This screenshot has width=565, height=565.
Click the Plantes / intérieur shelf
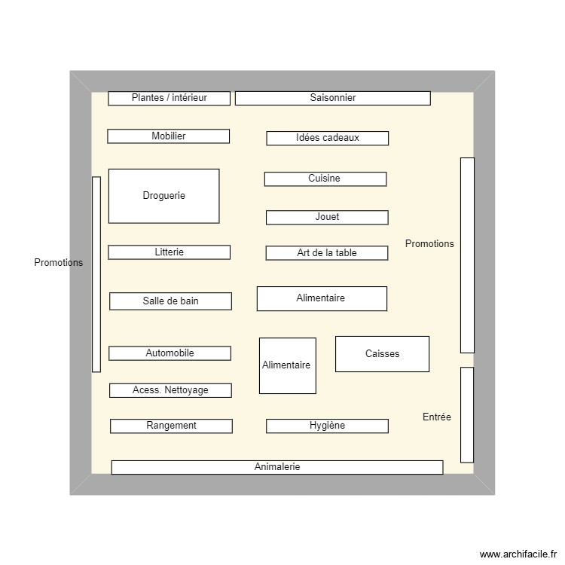169,98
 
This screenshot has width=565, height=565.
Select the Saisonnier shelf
332,98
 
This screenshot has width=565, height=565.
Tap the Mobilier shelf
168,136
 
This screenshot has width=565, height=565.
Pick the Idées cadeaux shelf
327,138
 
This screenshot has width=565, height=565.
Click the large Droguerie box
163,196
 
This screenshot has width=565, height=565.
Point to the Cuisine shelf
325,179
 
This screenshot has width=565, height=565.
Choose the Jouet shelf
327,217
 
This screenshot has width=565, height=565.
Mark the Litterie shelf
169,252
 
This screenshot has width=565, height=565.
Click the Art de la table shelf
326,253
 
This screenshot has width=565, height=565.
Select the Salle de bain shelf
170,301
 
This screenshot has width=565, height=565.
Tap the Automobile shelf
169,353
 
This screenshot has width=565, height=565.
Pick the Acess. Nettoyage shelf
170,390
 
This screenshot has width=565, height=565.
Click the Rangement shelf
171,426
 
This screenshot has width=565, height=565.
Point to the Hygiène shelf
327,426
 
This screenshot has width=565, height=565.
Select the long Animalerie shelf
277,467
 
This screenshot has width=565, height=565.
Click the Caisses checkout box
382,353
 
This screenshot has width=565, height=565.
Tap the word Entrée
437,417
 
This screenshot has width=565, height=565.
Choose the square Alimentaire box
287,365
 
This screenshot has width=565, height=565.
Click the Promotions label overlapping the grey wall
59,263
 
